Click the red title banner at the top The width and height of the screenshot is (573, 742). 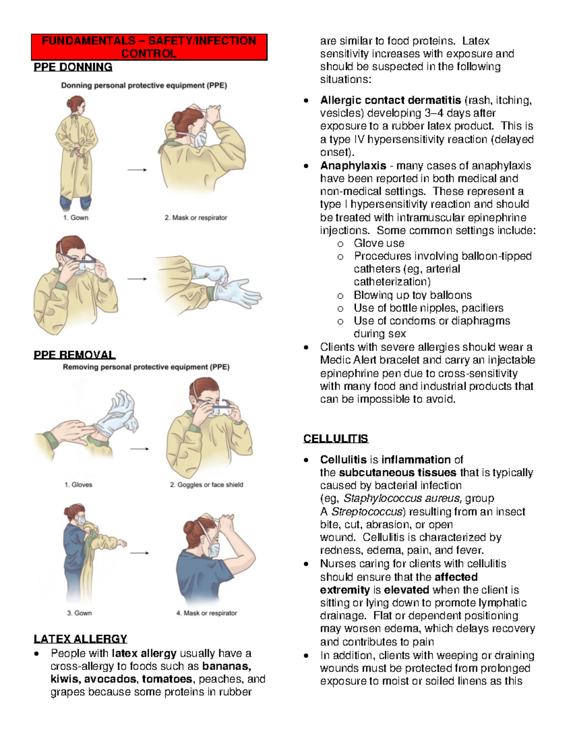(x=149, y=47)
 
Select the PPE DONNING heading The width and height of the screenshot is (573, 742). (x=73, y=67)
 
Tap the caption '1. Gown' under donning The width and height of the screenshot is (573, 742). (x=75, y=217)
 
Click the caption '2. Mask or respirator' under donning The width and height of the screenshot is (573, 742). (x=196, y=217)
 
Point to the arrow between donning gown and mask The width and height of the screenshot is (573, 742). (x=138, y=170)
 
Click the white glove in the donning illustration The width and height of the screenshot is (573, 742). (x=236, y=291)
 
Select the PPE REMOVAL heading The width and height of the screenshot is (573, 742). (x=74, y=355)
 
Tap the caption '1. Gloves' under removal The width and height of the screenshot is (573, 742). (x=78, y=484)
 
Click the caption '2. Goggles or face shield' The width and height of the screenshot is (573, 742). (x=206, y=484)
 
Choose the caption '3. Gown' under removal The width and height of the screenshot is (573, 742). (x=79, y=613)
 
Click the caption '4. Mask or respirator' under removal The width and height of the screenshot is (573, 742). (x=206, y=613)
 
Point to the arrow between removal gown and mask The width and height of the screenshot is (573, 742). (x=139, y=553)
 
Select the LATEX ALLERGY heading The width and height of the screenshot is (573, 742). (x=80, y=639)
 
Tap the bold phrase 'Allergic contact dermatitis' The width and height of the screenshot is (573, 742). (x=391, y=100)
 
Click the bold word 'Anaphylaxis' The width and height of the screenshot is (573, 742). (x=353, y=166)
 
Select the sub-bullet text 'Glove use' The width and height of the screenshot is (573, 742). (x=379, y=243)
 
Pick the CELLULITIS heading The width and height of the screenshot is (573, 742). (x=336, y=439)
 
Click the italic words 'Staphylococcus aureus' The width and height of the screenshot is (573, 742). (x=402, y=498)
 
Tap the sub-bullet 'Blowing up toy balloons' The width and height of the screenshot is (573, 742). (x=413, y=295)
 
